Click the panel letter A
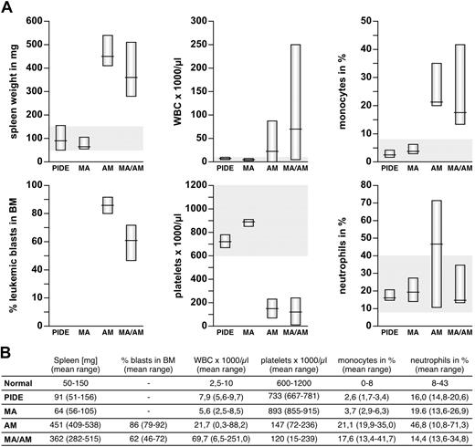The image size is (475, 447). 8,8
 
